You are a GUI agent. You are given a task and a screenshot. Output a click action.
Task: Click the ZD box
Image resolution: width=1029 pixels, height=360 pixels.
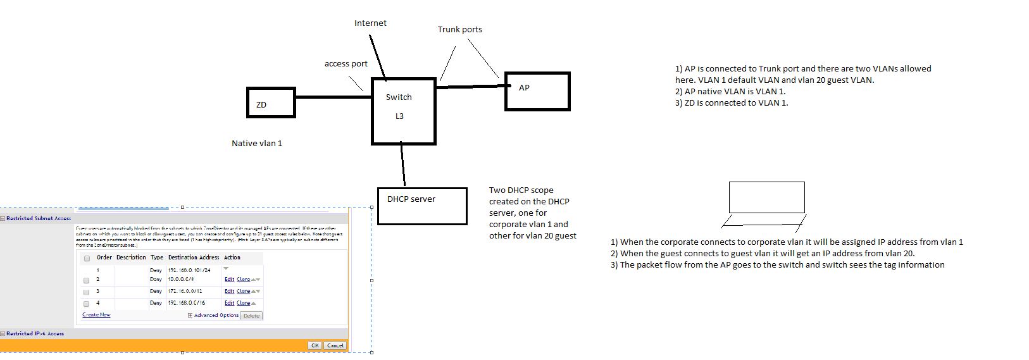click(x=271, y=102)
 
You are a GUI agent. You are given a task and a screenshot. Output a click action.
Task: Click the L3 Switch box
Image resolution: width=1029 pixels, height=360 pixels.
click(x=403, y=111)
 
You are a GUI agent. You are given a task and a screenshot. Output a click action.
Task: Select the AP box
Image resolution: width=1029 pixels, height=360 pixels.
click(x=537, y=92)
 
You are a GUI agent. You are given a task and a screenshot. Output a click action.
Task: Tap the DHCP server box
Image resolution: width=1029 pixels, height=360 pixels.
click(x=422, y=206)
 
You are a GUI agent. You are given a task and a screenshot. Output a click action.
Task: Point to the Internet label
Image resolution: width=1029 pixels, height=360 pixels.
click(x=370, y=23)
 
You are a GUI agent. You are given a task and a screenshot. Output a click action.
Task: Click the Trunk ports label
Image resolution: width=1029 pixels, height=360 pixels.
click(x=459, y=30)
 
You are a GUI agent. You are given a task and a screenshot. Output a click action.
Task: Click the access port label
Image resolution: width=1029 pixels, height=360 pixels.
click(x=346, y=64)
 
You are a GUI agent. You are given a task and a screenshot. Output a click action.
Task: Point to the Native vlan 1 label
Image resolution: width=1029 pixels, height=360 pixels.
click(x=257, y=144)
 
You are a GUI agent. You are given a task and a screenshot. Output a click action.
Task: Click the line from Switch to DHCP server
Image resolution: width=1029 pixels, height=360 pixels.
click(x=402, y=164)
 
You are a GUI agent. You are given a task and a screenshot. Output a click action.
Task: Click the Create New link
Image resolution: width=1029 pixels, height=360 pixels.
click(x=96, y=314)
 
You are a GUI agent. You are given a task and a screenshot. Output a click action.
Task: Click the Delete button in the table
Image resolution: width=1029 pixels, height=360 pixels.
click(x=251, y=316)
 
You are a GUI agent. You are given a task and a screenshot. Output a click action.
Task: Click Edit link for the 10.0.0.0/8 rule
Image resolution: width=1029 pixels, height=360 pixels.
click(x=229, y=280)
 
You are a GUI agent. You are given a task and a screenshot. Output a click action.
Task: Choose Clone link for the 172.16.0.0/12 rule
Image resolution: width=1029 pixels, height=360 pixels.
click(x=243, y=292)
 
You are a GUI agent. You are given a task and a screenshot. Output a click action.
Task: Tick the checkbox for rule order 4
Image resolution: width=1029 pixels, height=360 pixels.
click(x=87, y=304)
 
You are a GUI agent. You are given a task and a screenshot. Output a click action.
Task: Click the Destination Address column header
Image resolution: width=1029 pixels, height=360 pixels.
click(x=194, y=258)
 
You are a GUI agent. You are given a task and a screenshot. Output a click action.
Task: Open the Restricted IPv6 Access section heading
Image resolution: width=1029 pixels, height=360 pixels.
click(x=35, y=333)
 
